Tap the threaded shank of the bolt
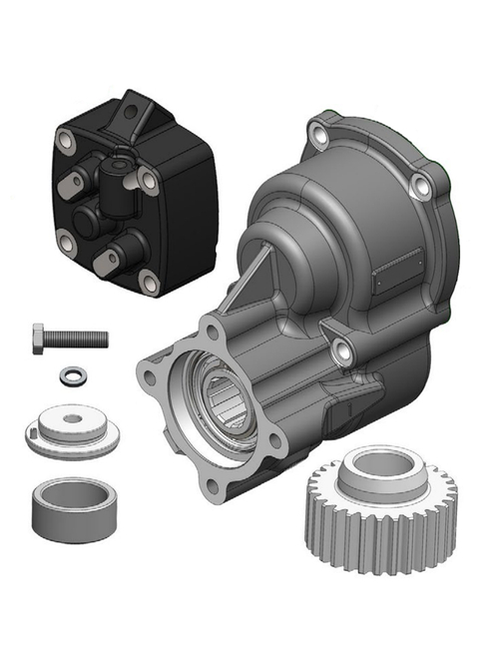[80, 337]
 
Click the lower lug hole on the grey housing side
[340, 348]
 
